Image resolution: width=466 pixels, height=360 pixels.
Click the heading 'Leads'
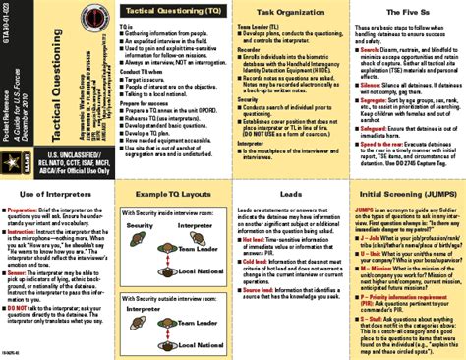292,196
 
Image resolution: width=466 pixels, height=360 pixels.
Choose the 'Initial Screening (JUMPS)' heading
406,196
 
